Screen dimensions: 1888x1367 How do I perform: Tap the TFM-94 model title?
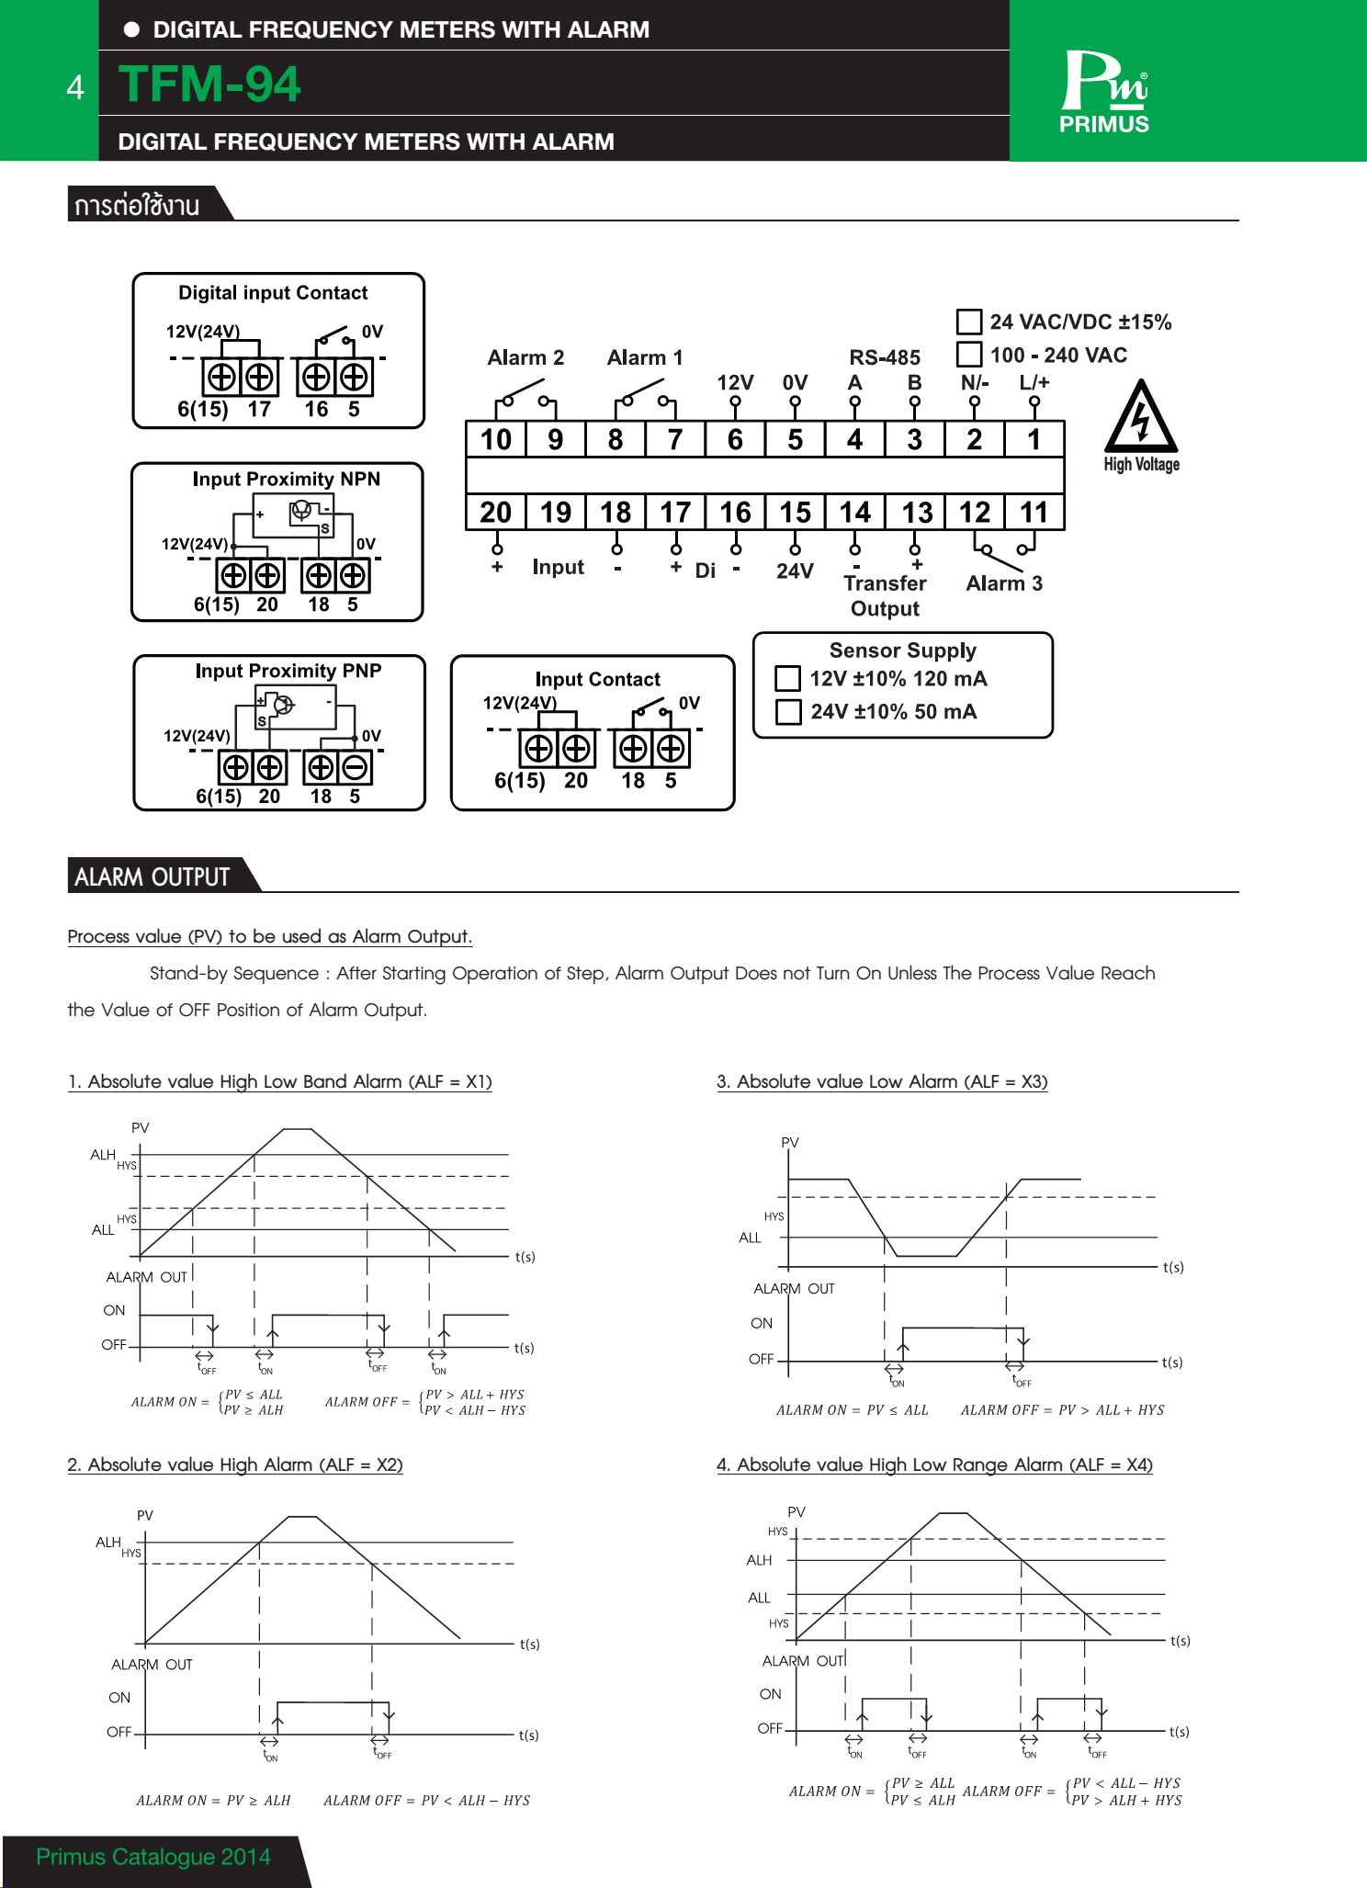point(209,84)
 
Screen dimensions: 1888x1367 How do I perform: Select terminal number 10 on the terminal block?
point(496,439)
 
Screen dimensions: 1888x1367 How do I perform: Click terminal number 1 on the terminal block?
point(1034,439)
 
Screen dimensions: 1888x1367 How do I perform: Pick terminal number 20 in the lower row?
point(496,512)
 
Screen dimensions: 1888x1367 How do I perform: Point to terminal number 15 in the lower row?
point(796,512)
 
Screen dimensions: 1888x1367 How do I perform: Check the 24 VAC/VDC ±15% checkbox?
point(969,322)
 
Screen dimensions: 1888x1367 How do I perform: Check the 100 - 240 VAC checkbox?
point(969,355)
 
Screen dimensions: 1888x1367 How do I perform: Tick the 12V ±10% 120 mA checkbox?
point(788,679)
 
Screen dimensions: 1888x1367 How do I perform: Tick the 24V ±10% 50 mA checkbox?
point(788,712)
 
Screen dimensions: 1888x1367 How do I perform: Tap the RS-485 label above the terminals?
point(885,357)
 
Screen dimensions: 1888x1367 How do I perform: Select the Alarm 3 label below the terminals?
point(1004,583)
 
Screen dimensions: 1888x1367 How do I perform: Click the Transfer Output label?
point(885,595)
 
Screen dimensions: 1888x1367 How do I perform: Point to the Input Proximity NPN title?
point(286,479)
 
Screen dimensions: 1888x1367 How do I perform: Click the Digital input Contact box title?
point(273,292)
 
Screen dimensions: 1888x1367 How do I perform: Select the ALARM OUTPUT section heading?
point(152,876)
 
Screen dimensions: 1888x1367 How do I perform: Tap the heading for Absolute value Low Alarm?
point(882,1081)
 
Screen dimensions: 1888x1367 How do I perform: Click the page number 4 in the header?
point(75,87)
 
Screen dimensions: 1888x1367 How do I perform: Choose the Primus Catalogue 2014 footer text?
point(153,1857)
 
